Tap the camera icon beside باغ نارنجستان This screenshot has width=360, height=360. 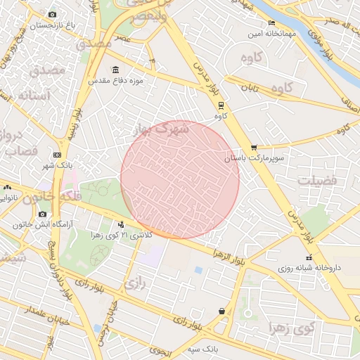[53, 14]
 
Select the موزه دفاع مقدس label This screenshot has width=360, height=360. [116, 81]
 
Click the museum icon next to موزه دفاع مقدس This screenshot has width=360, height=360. [116, 70]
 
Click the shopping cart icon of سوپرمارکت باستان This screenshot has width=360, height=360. [254, 148]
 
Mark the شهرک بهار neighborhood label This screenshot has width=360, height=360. [162, 129]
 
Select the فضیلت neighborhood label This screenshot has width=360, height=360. [317, 181]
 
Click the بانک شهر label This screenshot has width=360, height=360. [57, 165]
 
